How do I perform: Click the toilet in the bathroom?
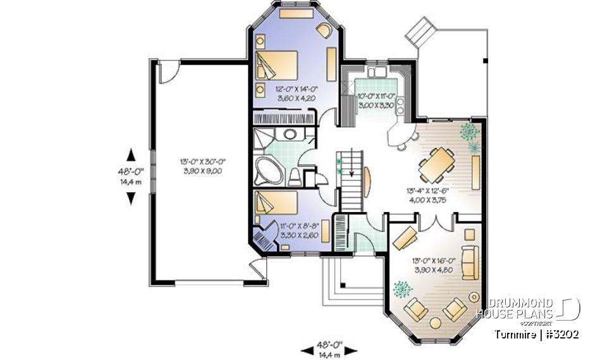click(295, 176)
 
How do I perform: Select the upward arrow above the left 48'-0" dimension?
click(131, 154)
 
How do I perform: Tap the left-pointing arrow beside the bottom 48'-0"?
click(306, 349)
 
